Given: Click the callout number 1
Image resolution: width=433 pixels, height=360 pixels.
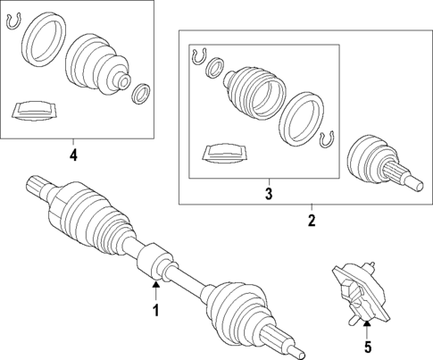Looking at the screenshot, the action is tap(156, 310).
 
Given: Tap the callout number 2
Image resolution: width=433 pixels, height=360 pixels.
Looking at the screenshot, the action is tap(312, 221).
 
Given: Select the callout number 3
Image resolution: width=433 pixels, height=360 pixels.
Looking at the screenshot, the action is tap(269, 194).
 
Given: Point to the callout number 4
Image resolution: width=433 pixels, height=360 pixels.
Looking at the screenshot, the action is tap(73, 155).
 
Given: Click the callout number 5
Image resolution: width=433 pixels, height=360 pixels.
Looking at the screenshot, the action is tap(368, 347).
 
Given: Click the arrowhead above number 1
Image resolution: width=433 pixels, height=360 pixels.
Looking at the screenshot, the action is tap(156, 284).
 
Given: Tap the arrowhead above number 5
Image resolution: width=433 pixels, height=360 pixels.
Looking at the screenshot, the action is tap(368, 321).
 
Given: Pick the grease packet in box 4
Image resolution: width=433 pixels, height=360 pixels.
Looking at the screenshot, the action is tap(34, 111).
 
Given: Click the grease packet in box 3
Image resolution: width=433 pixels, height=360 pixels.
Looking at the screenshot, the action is tap(225, 154).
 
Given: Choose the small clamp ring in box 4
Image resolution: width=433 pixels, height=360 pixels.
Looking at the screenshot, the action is tap(141, 94).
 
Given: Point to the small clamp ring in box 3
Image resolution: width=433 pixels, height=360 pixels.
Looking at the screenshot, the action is tap(215, 69).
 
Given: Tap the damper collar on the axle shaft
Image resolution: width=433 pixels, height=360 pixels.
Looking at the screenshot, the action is tap(154, 261).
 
